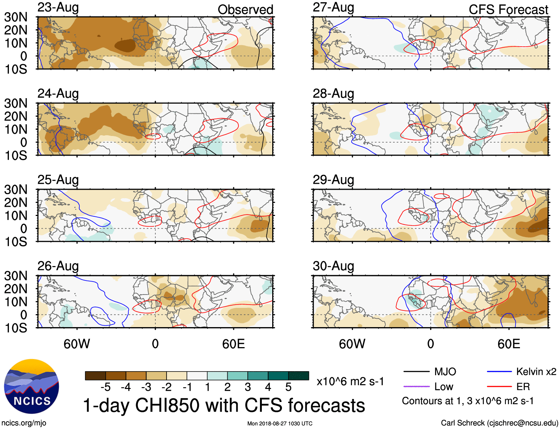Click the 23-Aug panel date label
(58, 8)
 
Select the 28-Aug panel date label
(333, 94)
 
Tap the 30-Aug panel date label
(333, 266)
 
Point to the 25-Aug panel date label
(58, 180)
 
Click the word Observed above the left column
(245, 10)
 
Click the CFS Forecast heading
(508, 10)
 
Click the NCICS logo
(32, 386)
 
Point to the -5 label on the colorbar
(105, 387)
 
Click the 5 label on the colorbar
(289, 387)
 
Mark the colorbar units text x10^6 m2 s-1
(350, 382)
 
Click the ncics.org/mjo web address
(24, 423)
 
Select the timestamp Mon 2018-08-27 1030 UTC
(280, 423)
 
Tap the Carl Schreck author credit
(499, 423)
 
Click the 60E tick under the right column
(508, 344)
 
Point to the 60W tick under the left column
(77, 344)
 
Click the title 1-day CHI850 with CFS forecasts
(224, 405)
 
